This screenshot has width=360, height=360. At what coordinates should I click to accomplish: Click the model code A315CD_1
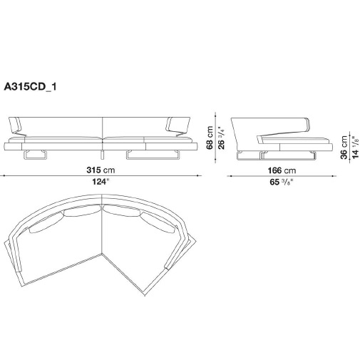pyautogui.click(x=30, y=87)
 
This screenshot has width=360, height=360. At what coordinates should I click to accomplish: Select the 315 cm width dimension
pyautogui.click(x=101, y=170)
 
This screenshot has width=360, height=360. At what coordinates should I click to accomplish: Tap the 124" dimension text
pyautogui.click(x=101, y=182)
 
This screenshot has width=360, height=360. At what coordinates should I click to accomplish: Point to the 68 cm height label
pyautogui.click(x=210, y=138)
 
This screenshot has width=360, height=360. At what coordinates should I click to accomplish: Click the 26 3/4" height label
pyautogui.click(x=221, y=138)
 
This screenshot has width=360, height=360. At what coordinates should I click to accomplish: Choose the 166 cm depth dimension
pyautogui.click(x=282, y=170)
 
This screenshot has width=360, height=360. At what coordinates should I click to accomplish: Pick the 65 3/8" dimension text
pyautogui.click(x=282, y=182)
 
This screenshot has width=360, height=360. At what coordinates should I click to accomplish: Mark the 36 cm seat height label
pyautogui.click(x=344, y=148)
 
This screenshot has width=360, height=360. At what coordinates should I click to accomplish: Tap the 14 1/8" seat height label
pyautogui.click(x=355, y=148)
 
